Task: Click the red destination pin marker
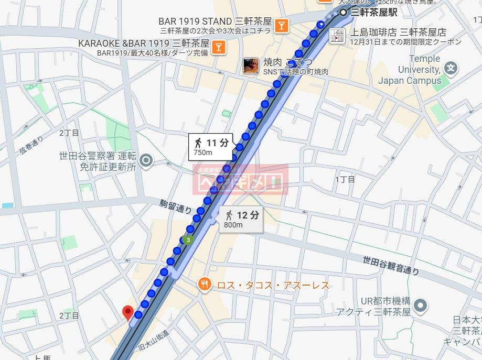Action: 127,313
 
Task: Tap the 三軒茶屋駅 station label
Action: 374,12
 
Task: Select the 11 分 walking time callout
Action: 211,147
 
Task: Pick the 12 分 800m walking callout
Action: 241,219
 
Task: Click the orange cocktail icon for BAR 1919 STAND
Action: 282,25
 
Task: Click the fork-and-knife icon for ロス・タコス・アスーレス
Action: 205,285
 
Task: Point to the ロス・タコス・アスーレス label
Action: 273,286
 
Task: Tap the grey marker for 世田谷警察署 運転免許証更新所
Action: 146,161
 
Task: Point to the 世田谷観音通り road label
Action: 391,265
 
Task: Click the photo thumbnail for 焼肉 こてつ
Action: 251,66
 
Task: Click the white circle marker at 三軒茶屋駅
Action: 343,12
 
